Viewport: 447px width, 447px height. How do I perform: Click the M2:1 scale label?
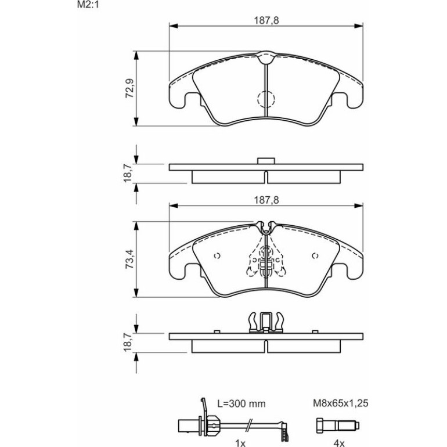point(88,5)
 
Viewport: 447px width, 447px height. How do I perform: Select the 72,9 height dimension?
point(129,88)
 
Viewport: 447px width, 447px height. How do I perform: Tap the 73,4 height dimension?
point(129,259)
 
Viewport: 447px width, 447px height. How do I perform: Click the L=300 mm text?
point(241,403)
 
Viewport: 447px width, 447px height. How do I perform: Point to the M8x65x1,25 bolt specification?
point(341,403)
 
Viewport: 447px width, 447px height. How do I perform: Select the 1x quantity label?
point(240,443)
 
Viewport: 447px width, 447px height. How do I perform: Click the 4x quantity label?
point(339,443)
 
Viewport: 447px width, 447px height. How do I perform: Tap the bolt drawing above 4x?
point(337,426)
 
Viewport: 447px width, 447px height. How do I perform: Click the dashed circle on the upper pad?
point(266,99)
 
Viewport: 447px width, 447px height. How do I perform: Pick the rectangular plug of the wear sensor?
point(189,426)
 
